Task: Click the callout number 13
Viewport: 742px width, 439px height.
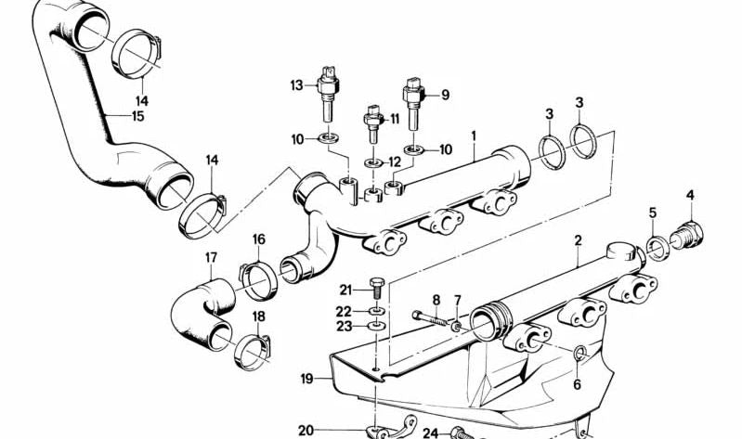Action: pos(296,85)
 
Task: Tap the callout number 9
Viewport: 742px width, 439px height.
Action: pos(446,95)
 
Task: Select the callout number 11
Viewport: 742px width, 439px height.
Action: pos(395,118)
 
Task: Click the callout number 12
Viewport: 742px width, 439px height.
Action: pos(395,162)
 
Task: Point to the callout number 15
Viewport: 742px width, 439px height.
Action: pos(137,116)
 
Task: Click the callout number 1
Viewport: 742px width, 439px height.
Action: pos(474,136)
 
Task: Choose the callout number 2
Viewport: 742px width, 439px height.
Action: pos(578,240)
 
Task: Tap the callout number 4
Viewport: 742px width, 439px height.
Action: pos(690,195)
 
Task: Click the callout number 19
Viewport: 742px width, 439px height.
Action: pos(307,379)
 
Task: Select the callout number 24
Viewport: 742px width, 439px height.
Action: pos(431,433)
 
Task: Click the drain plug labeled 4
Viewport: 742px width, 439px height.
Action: pos(687,235)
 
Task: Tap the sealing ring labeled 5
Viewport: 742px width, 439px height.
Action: pos(657,249)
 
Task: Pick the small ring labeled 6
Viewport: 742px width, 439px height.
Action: pos(580,353)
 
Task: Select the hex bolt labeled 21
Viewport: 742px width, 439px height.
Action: pos(377,287)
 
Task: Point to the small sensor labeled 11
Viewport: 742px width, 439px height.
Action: pos(373,123)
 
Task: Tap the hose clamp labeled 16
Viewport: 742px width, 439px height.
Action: pos(258,281)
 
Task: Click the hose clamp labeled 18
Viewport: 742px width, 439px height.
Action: pos(254,352)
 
